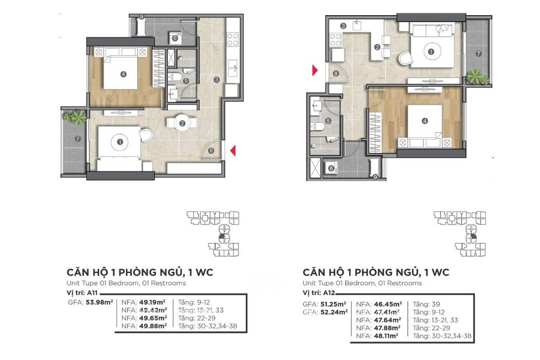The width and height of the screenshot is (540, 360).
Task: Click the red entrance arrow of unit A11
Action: click(233, 152)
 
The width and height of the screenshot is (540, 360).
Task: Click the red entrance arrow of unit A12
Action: click(315, 70)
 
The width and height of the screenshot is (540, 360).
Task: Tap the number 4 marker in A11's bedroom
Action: click(123, 75)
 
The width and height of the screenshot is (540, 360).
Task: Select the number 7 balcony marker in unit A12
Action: click(478, 54)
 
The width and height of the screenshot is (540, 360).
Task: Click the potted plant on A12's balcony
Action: click(477, 77)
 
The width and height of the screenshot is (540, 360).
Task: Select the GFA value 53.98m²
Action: click(99, 302)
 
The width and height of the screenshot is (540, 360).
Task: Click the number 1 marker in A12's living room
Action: click(431, 52)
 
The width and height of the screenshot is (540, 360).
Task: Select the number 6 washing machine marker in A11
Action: click(175, 38)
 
